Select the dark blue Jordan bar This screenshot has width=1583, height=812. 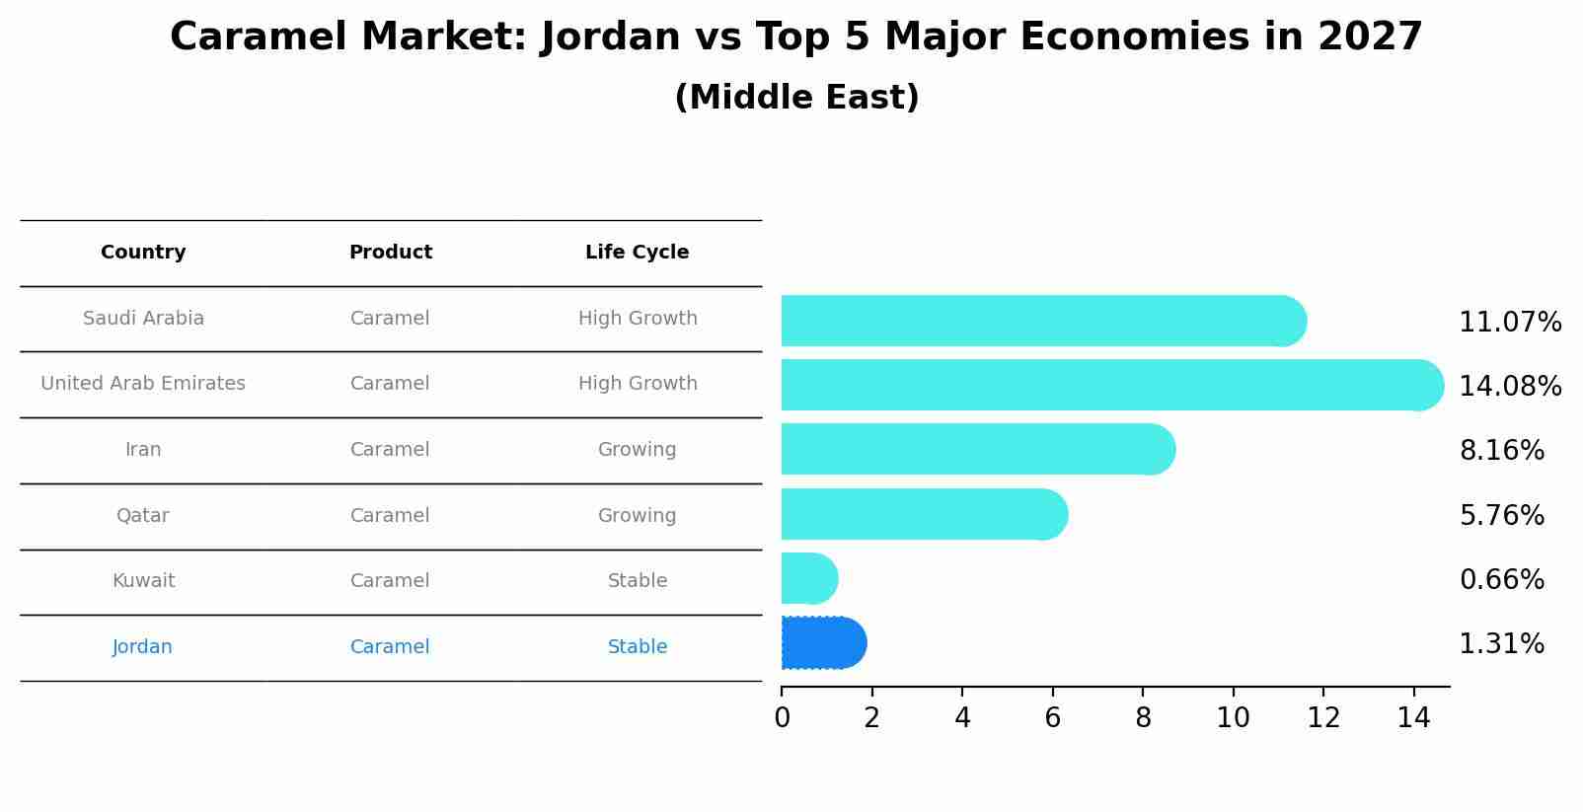(823, 643)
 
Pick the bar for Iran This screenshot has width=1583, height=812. (977, 450)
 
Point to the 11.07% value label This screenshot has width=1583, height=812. (1510, 323)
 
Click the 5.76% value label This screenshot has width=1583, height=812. (1501, 515)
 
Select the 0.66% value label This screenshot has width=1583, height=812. (1501, 580)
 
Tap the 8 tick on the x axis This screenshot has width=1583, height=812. (1143, 718)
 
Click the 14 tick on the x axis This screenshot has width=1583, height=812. (1413, 718)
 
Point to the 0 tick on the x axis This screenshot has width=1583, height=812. (782, 718)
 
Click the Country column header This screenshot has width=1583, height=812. (143, 253)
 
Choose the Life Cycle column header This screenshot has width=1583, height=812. (637, 253)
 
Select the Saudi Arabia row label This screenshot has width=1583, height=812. (143, 319)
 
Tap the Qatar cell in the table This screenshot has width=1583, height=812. (143, 516)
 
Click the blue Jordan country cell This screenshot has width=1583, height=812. (142, 647)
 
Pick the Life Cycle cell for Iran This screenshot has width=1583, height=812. (637, 450)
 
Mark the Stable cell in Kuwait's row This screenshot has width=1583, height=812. (637, 581)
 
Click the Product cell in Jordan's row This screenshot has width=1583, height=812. (390, 647)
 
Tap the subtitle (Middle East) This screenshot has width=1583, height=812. (796, 98)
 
